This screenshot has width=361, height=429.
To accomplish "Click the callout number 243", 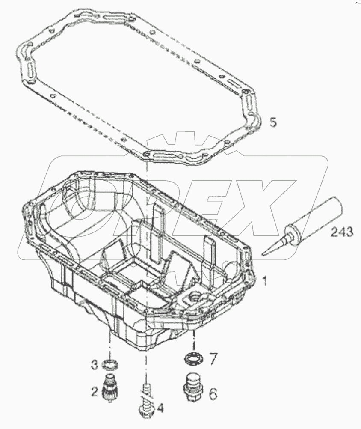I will click(x=342, y=232).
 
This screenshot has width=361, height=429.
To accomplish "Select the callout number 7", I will click(x=213, y=357).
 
